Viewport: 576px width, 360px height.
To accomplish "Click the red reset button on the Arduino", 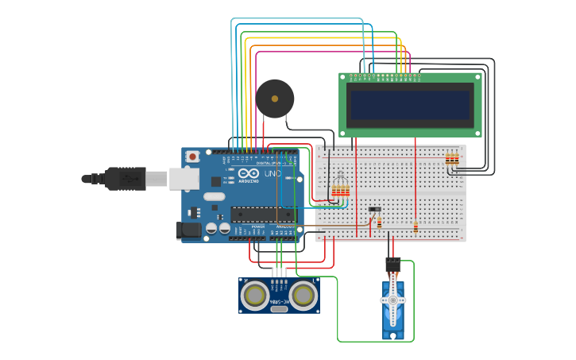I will (192, 157).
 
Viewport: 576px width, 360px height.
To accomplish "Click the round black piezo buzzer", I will (275, 99).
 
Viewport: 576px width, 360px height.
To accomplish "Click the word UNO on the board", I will (272, 174).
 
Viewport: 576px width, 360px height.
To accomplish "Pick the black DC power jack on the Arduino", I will (188, 230).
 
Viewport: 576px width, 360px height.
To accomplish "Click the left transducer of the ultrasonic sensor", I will (255, 296).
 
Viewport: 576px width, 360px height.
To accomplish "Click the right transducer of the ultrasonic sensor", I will (303, 296).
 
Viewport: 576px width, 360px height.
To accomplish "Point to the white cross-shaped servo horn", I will (392, 300).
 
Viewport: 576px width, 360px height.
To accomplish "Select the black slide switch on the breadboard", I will (375, 209).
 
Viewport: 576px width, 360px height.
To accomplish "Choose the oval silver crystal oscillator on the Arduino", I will (214, 196).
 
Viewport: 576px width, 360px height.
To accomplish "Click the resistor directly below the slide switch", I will (379, 223).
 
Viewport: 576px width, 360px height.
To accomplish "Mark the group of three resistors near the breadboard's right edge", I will (451, 159).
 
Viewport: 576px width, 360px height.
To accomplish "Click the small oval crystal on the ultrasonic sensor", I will (279, 308).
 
